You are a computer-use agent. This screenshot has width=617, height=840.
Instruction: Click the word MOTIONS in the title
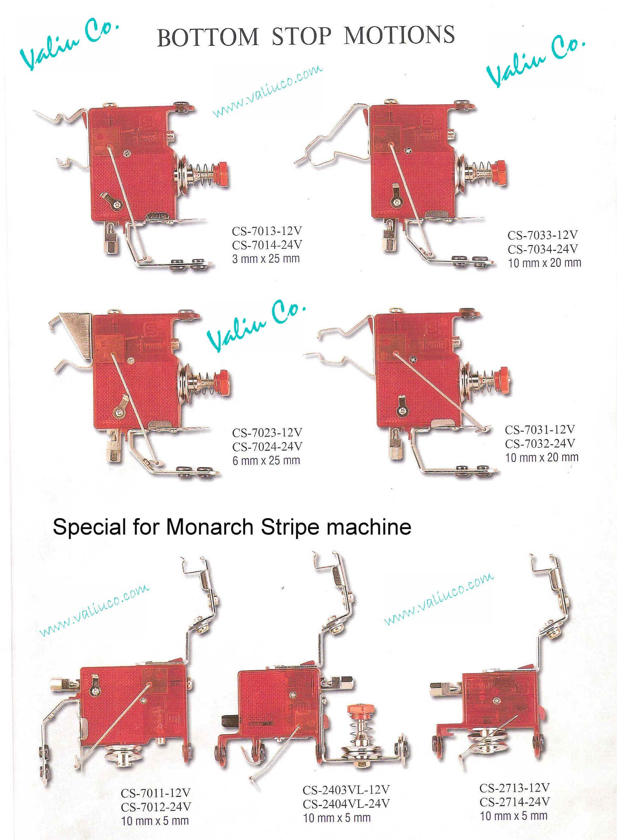tap(399, 35)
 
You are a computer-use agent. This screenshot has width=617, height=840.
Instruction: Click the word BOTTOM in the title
tap(208, 37)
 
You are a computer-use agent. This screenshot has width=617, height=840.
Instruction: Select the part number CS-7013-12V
tap(267, 231)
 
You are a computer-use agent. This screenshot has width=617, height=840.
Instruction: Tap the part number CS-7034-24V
tap(543, 249)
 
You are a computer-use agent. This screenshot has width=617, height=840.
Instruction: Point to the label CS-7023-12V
tap(267, 433)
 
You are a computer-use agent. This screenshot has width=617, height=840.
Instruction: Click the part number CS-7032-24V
tap(540, 443)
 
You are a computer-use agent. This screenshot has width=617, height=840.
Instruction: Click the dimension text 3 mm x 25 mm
tap(266, 259)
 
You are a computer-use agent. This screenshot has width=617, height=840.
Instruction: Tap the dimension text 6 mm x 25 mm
tap(266, 461)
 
